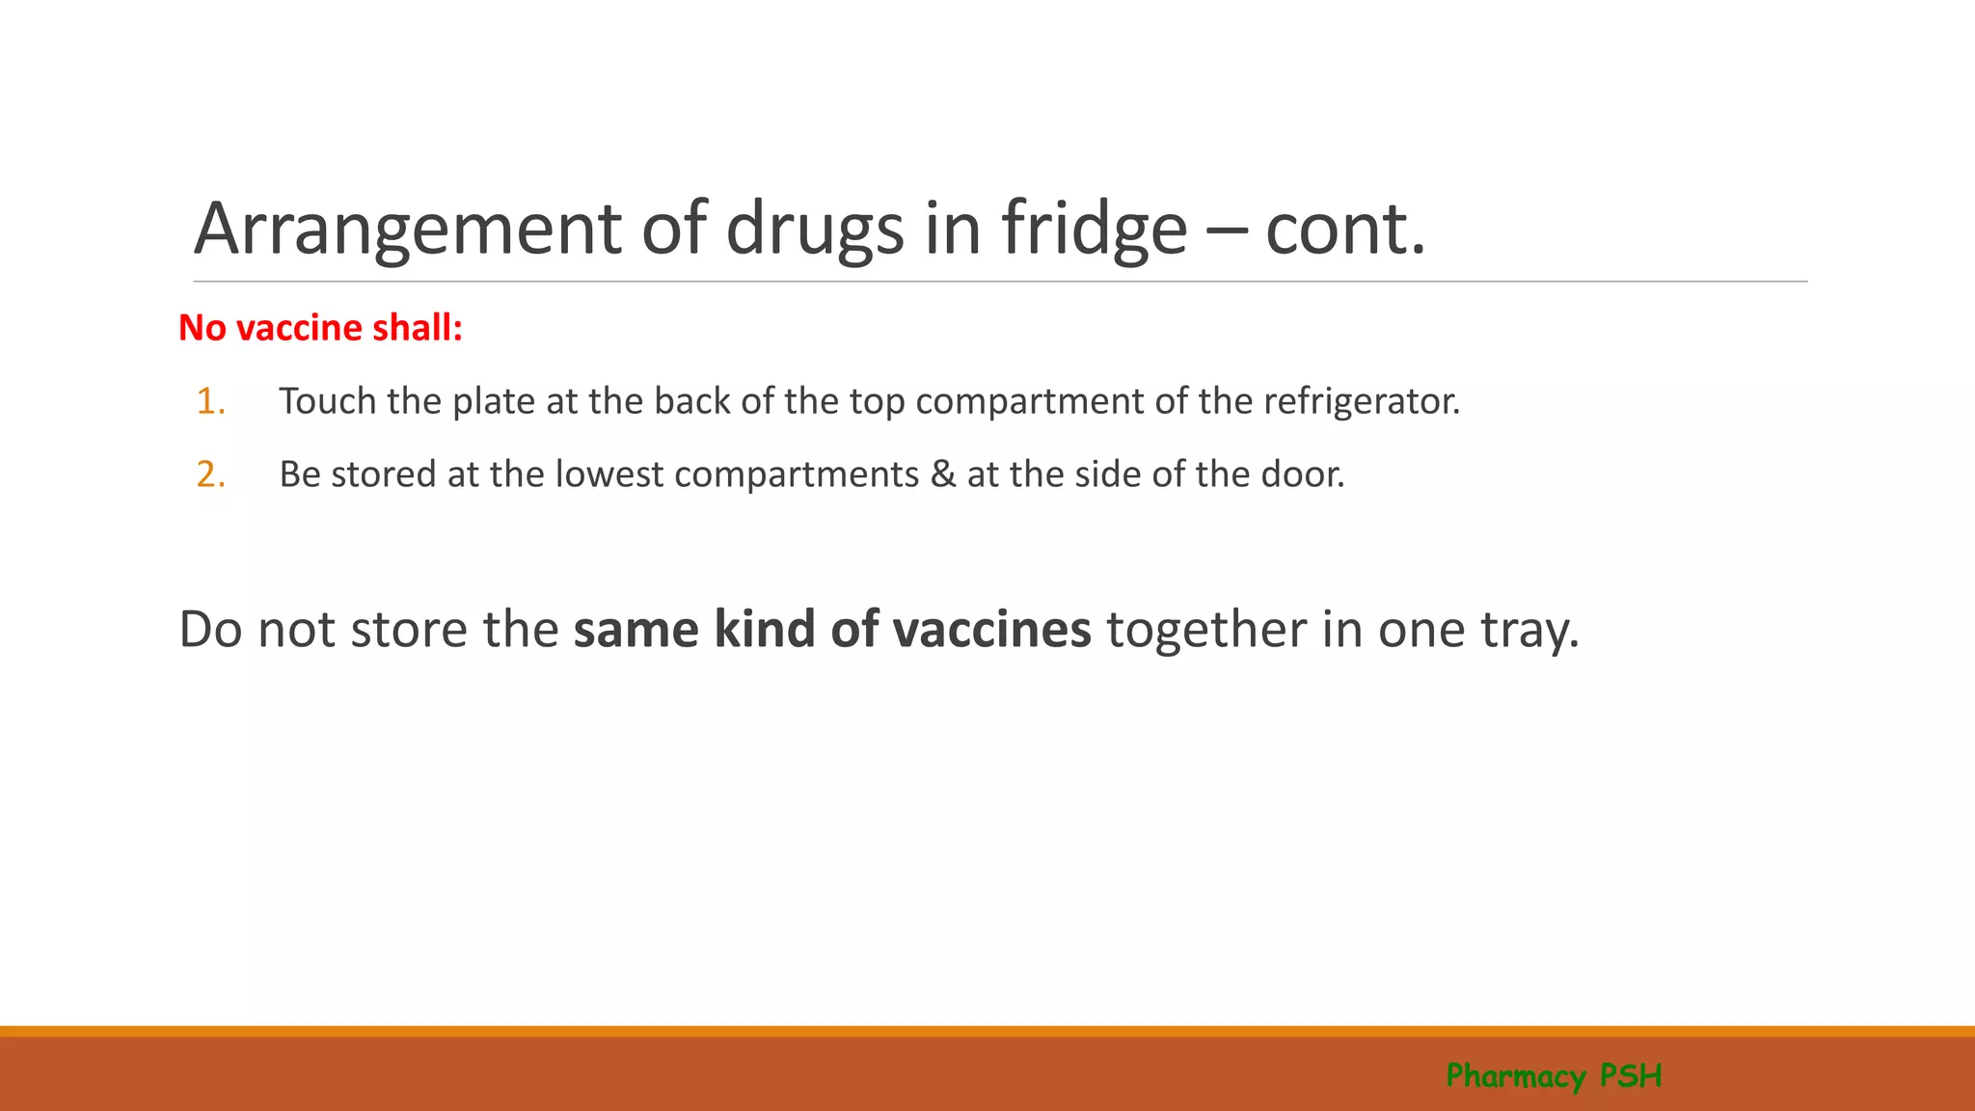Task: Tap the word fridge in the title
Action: (x=1094, y=230)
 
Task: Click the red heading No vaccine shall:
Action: (x=321, y=328)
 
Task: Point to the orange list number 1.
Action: (x=210, y=401)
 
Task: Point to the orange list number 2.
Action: (x=210, y=474)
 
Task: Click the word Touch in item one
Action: (x=327, y=401)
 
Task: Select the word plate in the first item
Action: (x=494, y=402)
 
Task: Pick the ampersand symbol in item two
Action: (x=943, y=474)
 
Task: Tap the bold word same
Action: (x=636, y=629)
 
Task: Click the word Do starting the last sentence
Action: (x=210, y=629)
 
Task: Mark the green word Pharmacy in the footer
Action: (x=1515, y=1076)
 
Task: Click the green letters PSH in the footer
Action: (x=1631, y=1075)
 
